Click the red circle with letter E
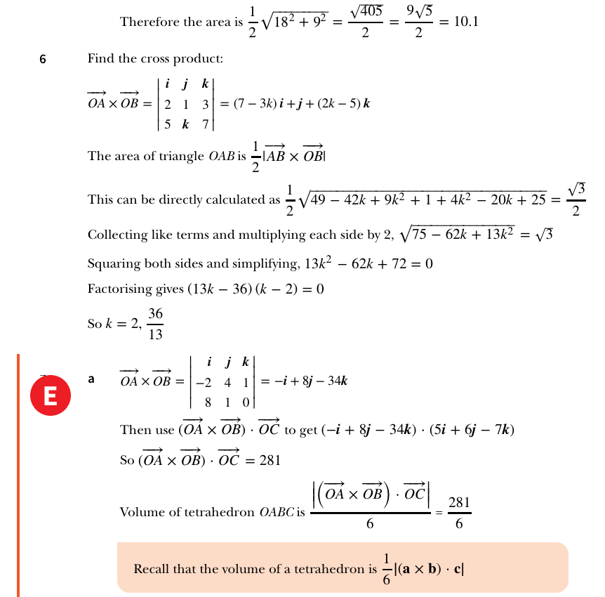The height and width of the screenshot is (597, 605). click(x=50, y=395)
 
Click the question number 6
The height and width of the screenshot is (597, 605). click(x=42, y=60)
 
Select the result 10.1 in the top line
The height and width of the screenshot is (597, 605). click(x=465, y=22)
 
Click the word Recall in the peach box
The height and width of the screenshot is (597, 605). click(x=151, y=569)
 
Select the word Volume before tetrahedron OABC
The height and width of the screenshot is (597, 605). click(x=140, y=512)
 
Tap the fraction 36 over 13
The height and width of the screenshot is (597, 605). click(x=155, y=324)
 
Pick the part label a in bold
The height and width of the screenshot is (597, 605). click(x=91, y=379)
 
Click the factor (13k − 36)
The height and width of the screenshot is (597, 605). click(x=212, y=289)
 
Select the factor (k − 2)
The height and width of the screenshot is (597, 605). click(x=270, y=289)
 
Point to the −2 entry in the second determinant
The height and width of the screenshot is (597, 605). click(x=204, y=383)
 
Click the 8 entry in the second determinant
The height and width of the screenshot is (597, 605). click(x=208, y=402)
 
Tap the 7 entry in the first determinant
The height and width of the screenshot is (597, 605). click(x=205, y=124)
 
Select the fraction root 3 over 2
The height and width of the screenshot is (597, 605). click(x=576, y=199)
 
